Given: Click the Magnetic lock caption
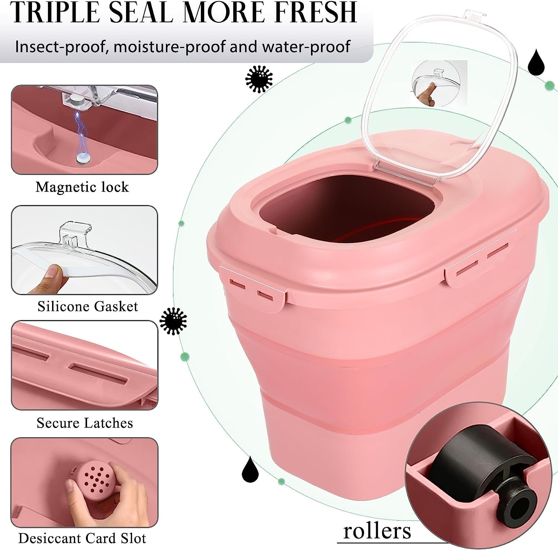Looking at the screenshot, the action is coord(82,187).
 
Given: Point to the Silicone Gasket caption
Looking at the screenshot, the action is coord(88,306).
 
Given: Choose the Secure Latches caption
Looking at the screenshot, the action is coord(85,423).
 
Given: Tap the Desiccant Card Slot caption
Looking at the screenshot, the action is coord(82,538).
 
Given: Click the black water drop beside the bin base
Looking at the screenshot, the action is coord(250,470).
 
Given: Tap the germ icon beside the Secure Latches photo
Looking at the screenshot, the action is coord(173,321).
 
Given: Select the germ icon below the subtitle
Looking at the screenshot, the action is coord(259,79).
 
